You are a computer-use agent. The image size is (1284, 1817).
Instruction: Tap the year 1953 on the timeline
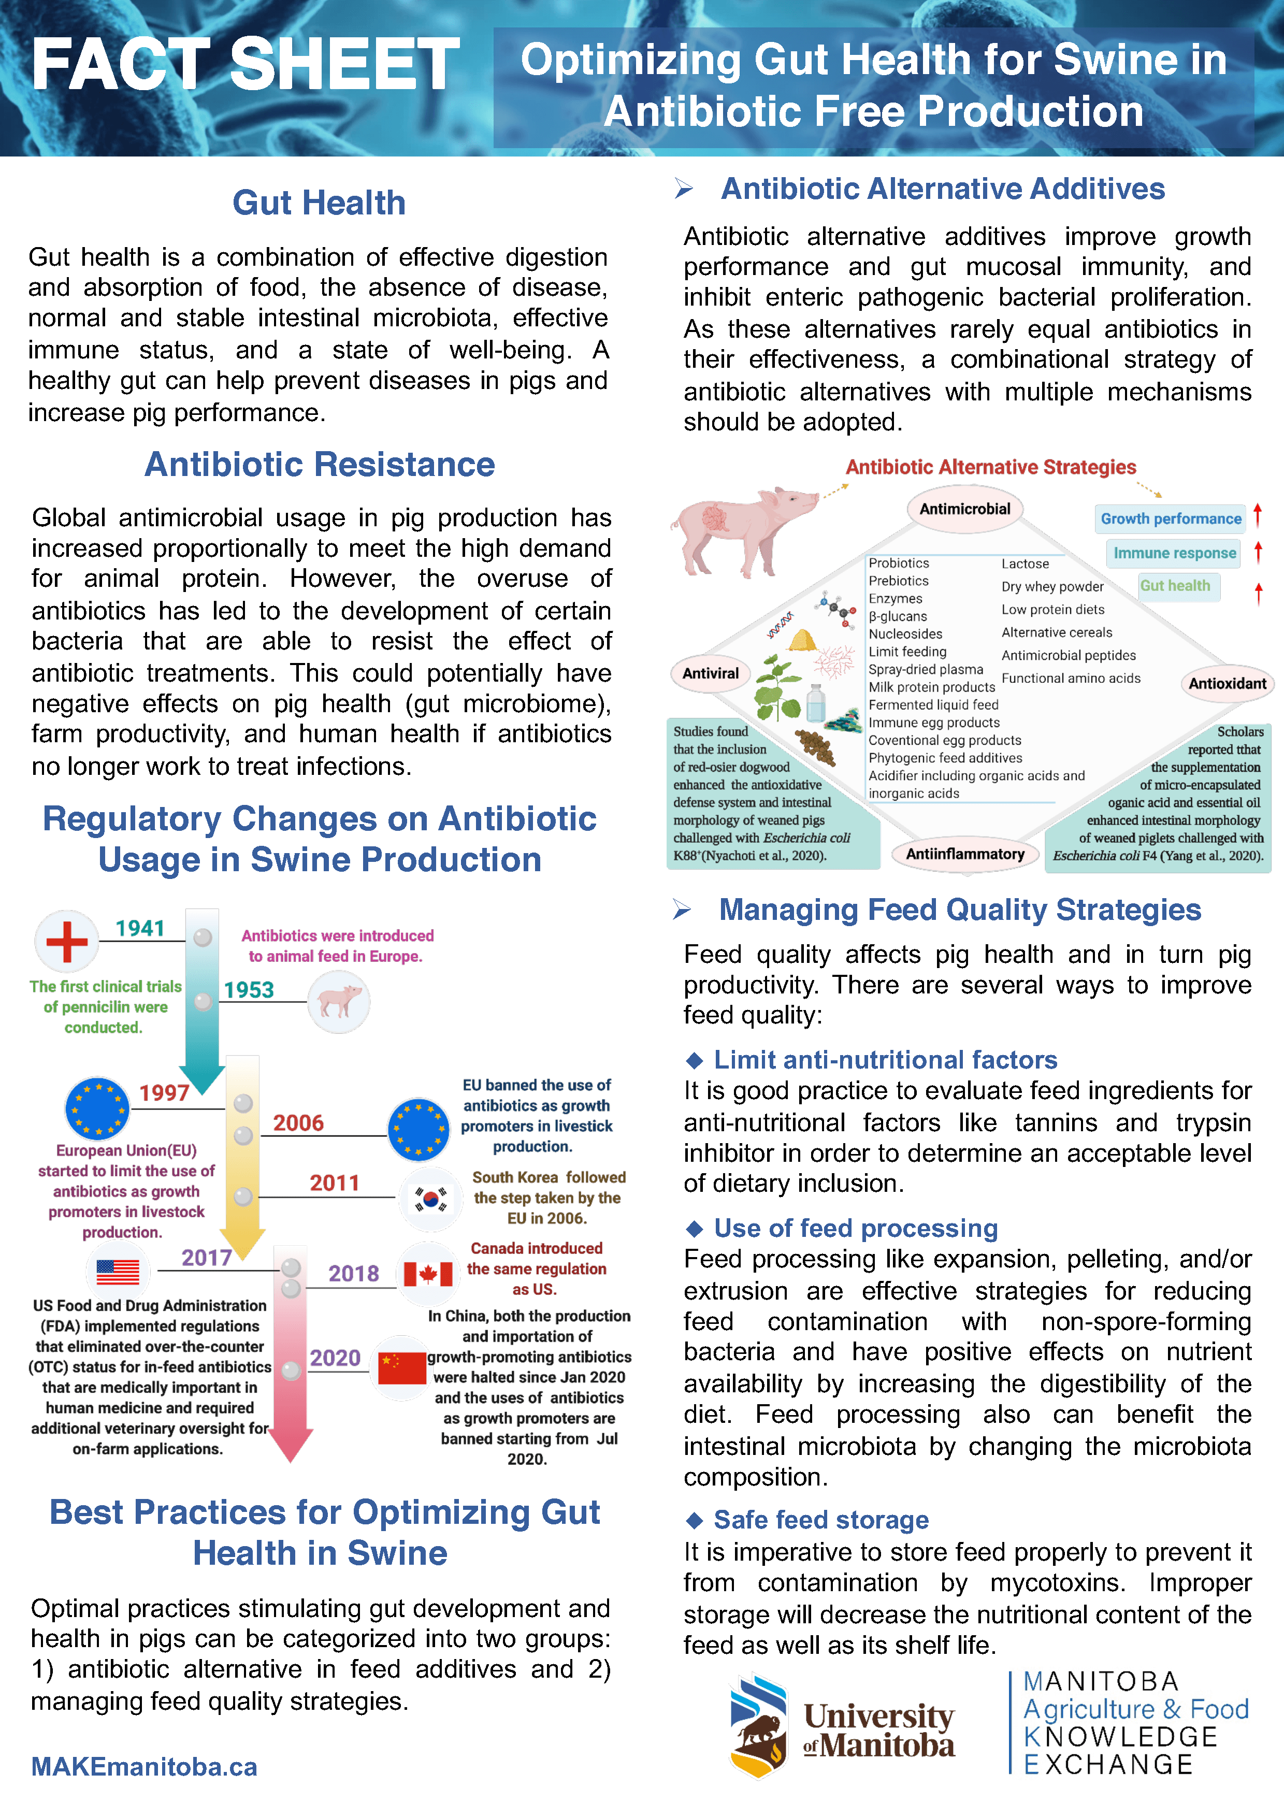click(x=249, y=990)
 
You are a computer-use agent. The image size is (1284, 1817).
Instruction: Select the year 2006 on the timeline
click(x=298, y=1123)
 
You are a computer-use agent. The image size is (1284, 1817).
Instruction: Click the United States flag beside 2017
click(x=118, y=1272)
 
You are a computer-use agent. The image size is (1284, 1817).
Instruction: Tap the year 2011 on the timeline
click(x=334, y=1183)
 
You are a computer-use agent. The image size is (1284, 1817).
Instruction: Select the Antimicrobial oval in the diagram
click(x=964, y=509)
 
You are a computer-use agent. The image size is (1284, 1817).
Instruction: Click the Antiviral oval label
click(x=711, y=673)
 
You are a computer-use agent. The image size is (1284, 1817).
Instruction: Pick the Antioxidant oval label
click(x=1227, y=684)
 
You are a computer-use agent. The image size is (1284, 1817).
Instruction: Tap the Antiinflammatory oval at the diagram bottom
click(x=964, y=854)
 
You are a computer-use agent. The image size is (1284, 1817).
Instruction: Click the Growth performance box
click(x=1170, y=519)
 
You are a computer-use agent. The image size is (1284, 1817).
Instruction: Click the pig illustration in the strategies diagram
click(x=740, y=529)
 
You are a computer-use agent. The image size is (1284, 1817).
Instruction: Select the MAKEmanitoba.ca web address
click(x=144, y=1766)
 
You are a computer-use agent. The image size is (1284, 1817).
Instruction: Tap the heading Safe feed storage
click(x=820, y=1520)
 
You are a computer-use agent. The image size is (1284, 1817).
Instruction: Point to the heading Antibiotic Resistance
click(x=320, y=465)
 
